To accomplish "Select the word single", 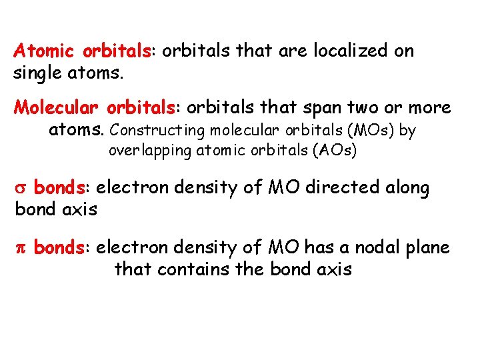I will pyautogui.click(x=36, y=72).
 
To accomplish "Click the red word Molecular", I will pyautogui.click(x=57, y=107).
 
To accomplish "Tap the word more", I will pyautogui.click(x=431, y=107).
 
